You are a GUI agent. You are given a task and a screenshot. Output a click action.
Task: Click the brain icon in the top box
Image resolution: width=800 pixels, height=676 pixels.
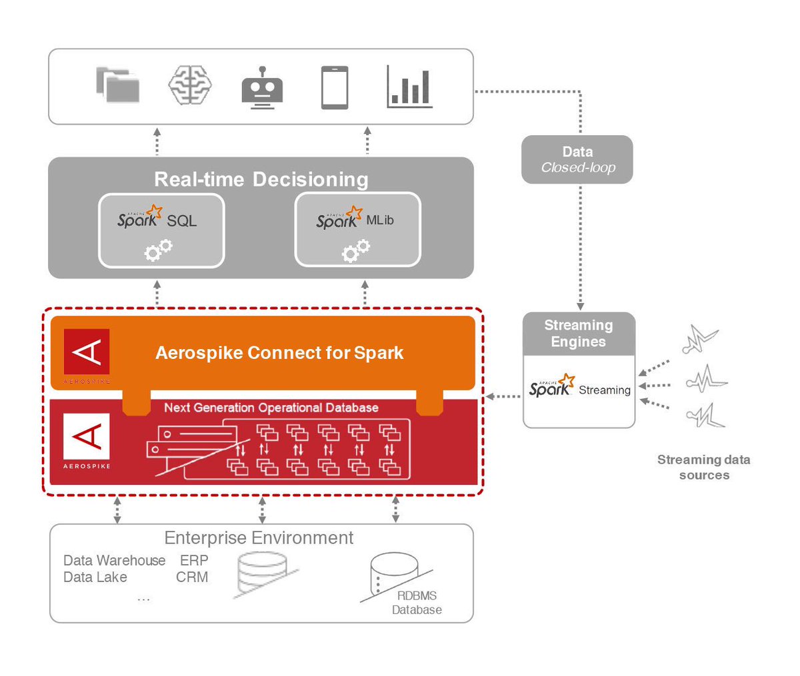tap(190, 85)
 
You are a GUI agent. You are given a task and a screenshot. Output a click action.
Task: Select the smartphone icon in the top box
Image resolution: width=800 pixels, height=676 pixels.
tap(335, 87)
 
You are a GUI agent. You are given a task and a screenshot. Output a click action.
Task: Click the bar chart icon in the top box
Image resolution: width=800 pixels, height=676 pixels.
tap(409, 87)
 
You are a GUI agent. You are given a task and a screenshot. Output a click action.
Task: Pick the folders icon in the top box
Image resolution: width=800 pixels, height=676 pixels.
tap(118, 85)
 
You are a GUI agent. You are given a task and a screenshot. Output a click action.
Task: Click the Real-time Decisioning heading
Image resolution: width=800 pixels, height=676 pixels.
tap(261, 179)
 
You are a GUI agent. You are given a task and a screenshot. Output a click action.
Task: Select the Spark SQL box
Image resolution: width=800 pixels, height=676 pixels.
tap(161, 230)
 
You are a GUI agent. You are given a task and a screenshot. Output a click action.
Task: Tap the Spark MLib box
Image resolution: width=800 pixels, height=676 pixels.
tap(357, 230)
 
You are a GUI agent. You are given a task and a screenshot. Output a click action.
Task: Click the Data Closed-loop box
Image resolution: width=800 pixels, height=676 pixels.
tap(577, 160)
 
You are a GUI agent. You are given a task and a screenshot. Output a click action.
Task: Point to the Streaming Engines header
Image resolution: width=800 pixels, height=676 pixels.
tap(579, 334)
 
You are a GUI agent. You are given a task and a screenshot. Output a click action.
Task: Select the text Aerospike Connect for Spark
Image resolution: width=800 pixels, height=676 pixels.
tap(279, 353)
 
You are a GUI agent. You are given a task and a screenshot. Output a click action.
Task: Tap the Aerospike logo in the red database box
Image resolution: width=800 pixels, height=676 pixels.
tap(87, 440)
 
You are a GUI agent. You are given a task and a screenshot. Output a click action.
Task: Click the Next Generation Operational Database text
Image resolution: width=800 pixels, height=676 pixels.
tap(271, 408)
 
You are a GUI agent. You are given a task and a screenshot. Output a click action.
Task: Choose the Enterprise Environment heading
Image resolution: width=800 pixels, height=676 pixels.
tap(259, 538)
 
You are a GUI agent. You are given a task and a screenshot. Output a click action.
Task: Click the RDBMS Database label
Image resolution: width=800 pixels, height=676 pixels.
tap(417, 603)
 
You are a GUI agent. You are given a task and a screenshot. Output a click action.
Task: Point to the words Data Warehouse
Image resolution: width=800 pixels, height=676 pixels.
tap(114, 561)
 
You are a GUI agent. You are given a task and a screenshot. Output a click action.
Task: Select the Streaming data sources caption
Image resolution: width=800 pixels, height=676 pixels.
tap(704, 467)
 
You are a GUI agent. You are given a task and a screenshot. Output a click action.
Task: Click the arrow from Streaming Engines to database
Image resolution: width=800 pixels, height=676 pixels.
tap(503, 397)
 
